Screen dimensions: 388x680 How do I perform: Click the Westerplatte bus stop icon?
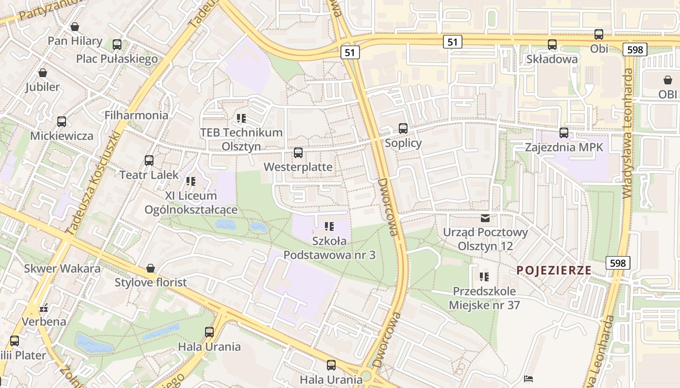[x=298, y=153]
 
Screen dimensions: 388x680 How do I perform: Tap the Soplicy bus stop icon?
[x=403, y=129]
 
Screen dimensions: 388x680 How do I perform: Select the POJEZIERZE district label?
[x=554, y=270]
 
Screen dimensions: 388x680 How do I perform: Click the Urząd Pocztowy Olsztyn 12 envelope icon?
[x=485, y=218]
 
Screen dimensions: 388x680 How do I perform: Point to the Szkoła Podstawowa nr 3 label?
[x=329, y=248]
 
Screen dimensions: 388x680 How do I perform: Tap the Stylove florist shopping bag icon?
[x=151, y=268]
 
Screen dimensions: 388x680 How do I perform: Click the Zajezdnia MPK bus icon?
[x=563, y=132]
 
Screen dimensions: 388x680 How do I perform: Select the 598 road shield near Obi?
[x=635, y=49]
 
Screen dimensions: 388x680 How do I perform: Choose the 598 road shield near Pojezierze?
[x=617, y=263]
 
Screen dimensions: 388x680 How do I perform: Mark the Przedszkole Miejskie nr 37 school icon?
[x=484, y=277]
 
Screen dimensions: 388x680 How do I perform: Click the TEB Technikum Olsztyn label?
[x=241, y=139]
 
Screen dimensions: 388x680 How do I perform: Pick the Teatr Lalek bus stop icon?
[x=149, y=161]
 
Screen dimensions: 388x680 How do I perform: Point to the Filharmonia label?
[x=136, y=115]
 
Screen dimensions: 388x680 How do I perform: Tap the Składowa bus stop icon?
[x=552, y=45]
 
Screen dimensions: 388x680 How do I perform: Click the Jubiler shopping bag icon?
[x=43, y=73]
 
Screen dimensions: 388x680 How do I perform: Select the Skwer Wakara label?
[x=62, y=269]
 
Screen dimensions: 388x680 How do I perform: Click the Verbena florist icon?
[x=44, y=307]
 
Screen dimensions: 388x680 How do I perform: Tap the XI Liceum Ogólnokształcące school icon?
[x=191, y=181]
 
